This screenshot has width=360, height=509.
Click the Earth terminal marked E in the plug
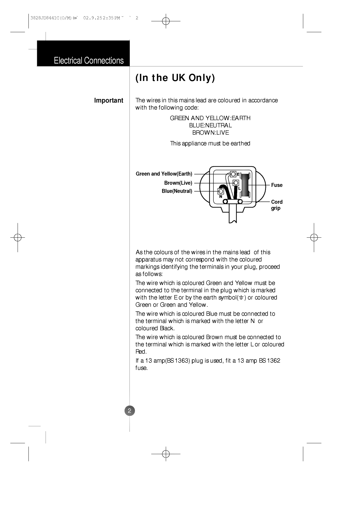(x=233, y=174)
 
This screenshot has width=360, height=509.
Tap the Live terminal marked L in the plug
(x=236, y=183)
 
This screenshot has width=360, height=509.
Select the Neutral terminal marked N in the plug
(x=221, y=191)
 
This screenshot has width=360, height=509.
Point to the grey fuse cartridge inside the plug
(x=245, y=185)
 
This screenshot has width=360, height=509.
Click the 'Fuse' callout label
(x=277, y=185)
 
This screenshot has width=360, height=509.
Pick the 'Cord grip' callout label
(x=276, y=205)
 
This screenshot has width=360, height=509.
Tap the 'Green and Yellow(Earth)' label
(x=164, y=174)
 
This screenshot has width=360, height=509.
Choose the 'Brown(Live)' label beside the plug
(x=178, y=183)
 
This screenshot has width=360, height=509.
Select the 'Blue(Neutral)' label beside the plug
(x=177, y=191)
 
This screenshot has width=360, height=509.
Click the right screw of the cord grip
(x=240, y=202)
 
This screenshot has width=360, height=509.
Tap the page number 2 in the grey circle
(x=130, y=411)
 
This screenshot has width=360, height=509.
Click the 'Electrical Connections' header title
(x=89, y=61)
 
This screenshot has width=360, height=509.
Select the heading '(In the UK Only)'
(x=175, y=78)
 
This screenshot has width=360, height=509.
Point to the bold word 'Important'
(x=109, y=101)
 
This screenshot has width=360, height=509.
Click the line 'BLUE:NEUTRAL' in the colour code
(x=210, y=125)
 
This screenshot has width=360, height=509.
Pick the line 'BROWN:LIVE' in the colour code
(x=210, y=133)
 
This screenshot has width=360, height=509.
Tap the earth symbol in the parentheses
(x=241, y=298)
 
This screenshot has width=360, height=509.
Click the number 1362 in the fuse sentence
(x=273, y=361)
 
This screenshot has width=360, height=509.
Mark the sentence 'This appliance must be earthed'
(x=210, y=143)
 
